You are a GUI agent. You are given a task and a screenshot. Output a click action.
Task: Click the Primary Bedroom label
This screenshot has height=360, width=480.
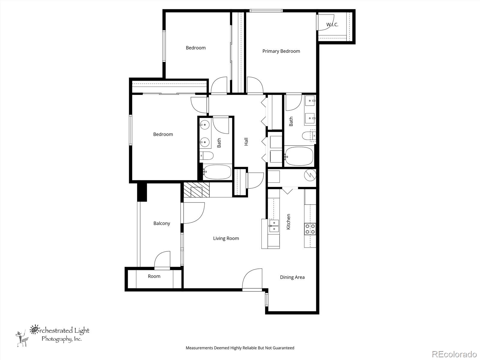point(281,51)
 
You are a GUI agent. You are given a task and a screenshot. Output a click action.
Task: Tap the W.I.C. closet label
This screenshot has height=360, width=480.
point(332,25)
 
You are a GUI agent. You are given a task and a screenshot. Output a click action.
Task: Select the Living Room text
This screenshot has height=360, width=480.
point(226,238)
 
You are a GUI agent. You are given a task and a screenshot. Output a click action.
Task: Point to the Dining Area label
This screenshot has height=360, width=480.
point(292,277)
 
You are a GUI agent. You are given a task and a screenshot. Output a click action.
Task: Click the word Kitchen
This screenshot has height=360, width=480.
point(288,222)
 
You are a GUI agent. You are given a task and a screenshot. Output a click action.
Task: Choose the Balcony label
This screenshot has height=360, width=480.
point(162,223)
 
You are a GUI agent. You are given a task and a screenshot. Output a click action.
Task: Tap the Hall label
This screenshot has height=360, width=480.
point(246,142)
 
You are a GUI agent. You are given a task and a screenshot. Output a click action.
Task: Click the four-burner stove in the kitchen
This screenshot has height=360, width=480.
point(310,229)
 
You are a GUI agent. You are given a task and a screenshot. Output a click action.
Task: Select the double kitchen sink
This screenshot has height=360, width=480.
point(274,226)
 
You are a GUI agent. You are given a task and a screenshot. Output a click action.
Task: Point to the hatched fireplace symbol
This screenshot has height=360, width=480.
point(196,190)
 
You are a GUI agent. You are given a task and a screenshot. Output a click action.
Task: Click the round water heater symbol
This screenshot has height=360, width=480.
point(310,175)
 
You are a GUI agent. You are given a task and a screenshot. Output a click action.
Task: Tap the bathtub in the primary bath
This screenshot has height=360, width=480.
point(299,156)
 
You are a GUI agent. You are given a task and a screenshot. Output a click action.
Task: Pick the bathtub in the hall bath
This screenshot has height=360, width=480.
point(217,172)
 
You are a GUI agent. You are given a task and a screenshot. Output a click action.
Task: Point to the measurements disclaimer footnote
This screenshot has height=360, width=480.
point(240,348)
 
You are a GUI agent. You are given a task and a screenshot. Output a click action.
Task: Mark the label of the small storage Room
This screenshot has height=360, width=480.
point(154,276)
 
